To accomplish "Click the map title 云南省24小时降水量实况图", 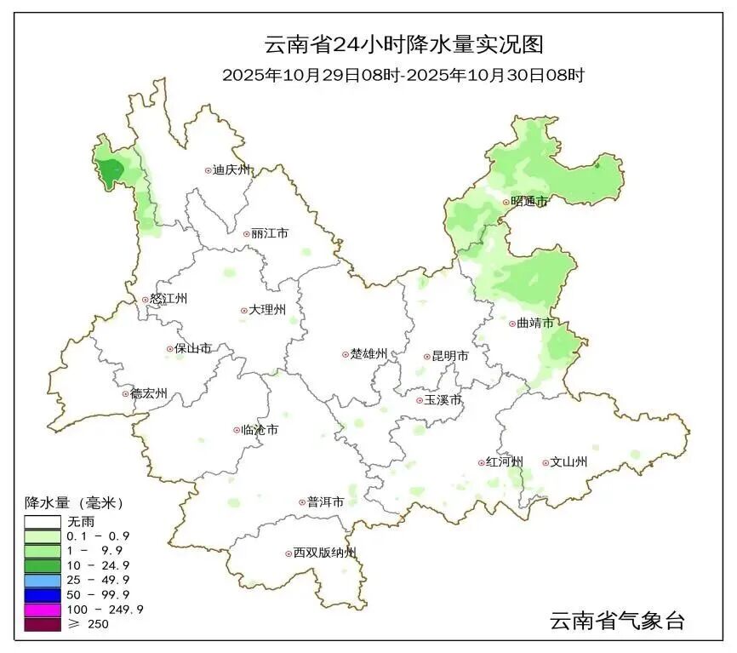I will click(403, 44).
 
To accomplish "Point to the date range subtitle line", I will click(403, 75).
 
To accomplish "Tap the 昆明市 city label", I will click(451, 357).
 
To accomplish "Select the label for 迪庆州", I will click(233, 170).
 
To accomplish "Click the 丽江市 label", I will click(270, 233).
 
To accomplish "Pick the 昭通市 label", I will click(528, 202).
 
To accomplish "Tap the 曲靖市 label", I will click(535, 324).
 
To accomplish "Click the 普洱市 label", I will click(325, 502).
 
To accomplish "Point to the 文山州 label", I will click(570, 462).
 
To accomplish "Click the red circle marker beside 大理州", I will click(243, 311).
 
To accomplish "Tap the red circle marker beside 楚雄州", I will click(345, 354).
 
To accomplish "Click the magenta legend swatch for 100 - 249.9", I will click(43, 610).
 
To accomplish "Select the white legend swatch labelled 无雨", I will click(43, 522).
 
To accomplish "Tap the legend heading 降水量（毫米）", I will click(74, 502).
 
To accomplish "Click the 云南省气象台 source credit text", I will click(617, 621).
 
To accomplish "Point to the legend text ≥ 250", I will click(88, 624).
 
